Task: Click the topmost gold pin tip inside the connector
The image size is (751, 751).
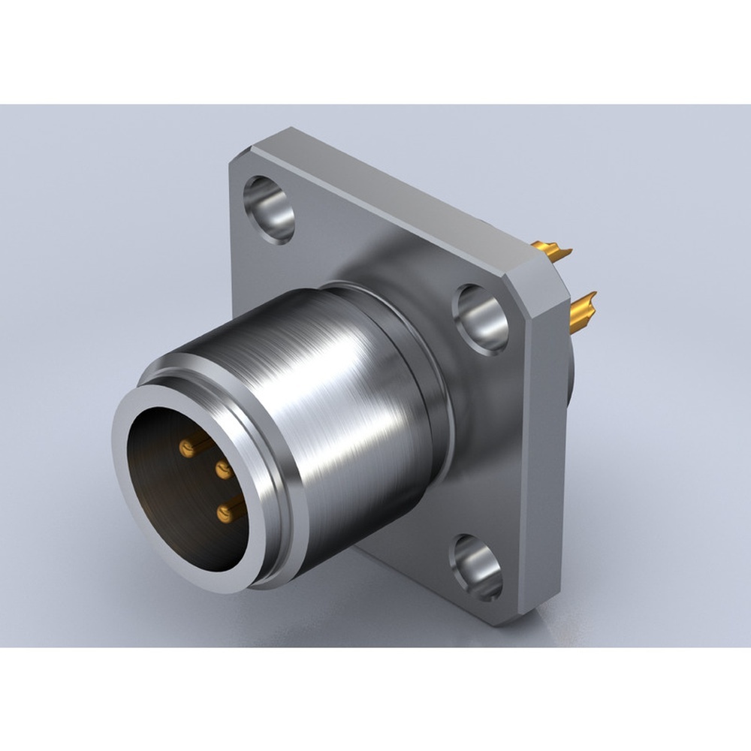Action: (185, 449)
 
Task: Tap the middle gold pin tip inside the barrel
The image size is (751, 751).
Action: (222, 471)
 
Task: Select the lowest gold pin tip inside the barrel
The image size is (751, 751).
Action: (223, 514)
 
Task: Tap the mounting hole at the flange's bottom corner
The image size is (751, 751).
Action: (476, 567)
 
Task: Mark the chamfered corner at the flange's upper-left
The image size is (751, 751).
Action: (240, 154)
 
